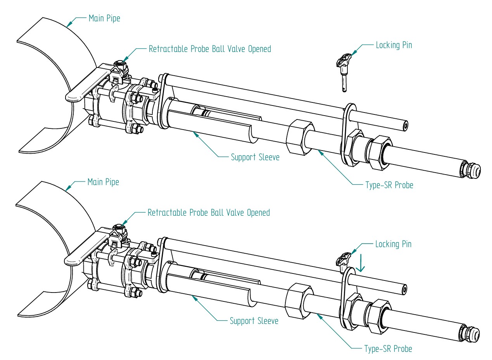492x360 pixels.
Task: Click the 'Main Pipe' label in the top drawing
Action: tap(104, 18)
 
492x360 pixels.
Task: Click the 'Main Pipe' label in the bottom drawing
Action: tap(103, 182)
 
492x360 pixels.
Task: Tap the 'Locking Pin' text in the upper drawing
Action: tap(394, 45)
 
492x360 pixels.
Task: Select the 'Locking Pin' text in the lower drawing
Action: tap(393, 244)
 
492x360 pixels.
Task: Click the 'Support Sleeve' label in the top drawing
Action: tap(255, 157)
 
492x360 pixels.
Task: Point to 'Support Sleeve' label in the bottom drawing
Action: tap(254, 321)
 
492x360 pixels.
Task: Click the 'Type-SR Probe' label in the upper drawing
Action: tap(389, 185)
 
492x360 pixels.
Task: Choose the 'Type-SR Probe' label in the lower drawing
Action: tap(388, 349)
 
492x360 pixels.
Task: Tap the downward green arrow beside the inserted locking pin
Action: tap(361, 263)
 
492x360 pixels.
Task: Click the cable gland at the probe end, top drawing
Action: tap(471, 170)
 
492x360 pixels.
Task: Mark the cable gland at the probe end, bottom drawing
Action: tap(470, 333)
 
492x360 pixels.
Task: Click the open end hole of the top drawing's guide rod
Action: tap(405, 126)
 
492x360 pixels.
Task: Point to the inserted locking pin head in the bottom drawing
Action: tap(343, 258)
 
